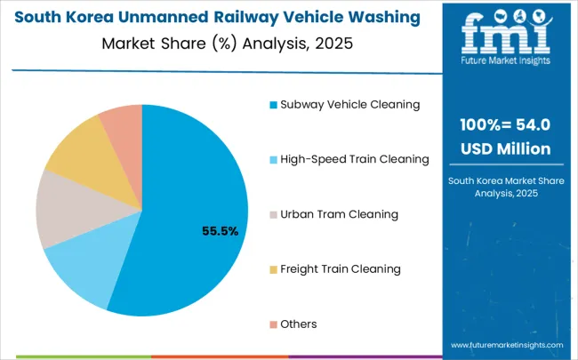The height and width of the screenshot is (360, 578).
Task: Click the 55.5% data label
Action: [221, 231]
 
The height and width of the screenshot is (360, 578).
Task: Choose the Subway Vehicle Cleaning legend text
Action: [349, 104]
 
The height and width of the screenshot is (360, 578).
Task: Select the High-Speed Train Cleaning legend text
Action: [354, 159]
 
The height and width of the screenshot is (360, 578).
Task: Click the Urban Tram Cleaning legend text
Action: [339, 214]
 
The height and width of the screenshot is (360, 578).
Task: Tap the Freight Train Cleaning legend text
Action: [341, 268]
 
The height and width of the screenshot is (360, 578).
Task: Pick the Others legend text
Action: [299, 324]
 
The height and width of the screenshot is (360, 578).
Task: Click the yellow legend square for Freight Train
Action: [273, 269]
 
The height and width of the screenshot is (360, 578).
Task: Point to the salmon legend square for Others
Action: [273, 324]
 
